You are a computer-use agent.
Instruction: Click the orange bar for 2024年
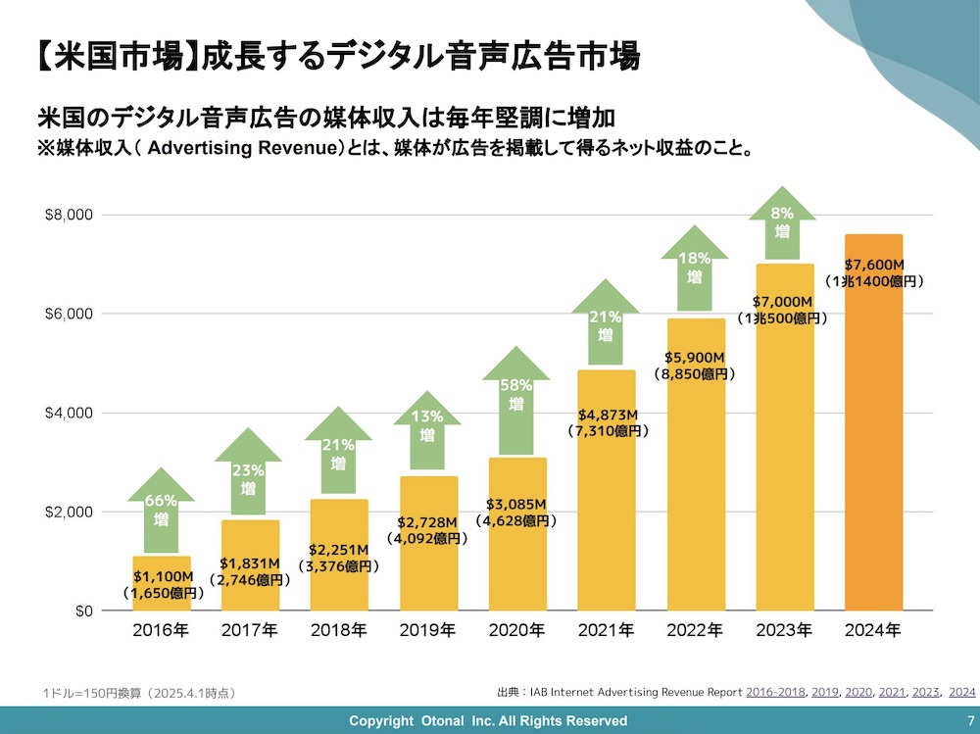pos(873,441)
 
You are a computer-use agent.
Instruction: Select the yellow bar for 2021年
pos(606,519)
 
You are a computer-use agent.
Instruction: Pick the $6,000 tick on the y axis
pos(68,314)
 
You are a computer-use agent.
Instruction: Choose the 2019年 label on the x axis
pos(427,631)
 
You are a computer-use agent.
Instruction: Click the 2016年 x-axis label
pos(161,631)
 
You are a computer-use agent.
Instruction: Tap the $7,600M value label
pos(873,265)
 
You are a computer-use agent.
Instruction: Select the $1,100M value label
pos(162,577)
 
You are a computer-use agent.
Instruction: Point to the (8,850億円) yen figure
pos(695,373)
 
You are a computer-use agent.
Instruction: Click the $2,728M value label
pos(427,522)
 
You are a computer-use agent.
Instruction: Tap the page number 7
pos(969,720)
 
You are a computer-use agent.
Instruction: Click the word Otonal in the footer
pos(445,720)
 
